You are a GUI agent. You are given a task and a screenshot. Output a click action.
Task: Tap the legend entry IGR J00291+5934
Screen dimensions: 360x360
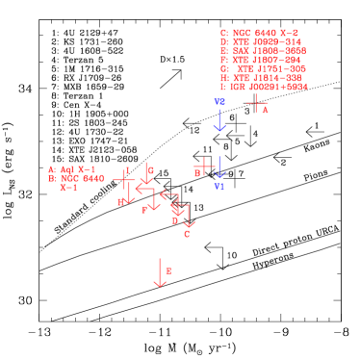click(264, 87)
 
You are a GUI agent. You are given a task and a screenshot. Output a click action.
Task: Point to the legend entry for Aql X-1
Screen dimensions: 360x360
click(72, 169)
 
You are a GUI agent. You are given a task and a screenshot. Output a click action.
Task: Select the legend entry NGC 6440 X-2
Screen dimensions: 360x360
click(259, 33)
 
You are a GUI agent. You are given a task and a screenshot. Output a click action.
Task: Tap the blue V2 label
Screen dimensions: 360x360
click(219, 102)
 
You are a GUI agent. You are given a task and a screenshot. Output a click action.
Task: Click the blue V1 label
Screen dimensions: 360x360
click(219, 187)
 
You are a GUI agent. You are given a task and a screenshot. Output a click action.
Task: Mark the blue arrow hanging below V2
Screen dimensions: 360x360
click(219, 120)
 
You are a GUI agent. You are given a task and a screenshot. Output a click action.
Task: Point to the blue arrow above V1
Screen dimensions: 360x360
click(219, 167)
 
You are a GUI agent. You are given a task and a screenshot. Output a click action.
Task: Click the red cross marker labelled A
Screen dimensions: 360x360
click(256, 102)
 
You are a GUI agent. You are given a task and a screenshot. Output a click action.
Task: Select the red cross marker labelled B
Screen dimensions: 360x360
click(204, 166)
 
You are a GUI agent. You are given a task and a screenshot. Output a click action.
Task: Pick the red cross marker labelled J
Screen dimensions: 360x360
click(125, 179)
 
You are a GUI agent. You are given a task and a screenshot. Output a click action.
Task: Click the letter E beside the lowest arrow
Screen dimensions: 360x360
click(168, 271)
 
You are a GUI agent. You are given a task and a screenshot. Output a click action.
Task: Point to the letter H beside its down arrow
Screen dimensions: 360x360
click(121, 202)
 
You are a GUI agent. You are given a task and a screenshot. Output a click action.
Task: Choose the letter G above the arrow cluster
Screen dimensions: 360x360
click(151, 171)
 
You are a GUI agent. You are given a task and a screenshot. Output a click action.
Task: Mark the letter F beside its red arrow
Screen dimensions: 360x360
click(144, 210)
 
